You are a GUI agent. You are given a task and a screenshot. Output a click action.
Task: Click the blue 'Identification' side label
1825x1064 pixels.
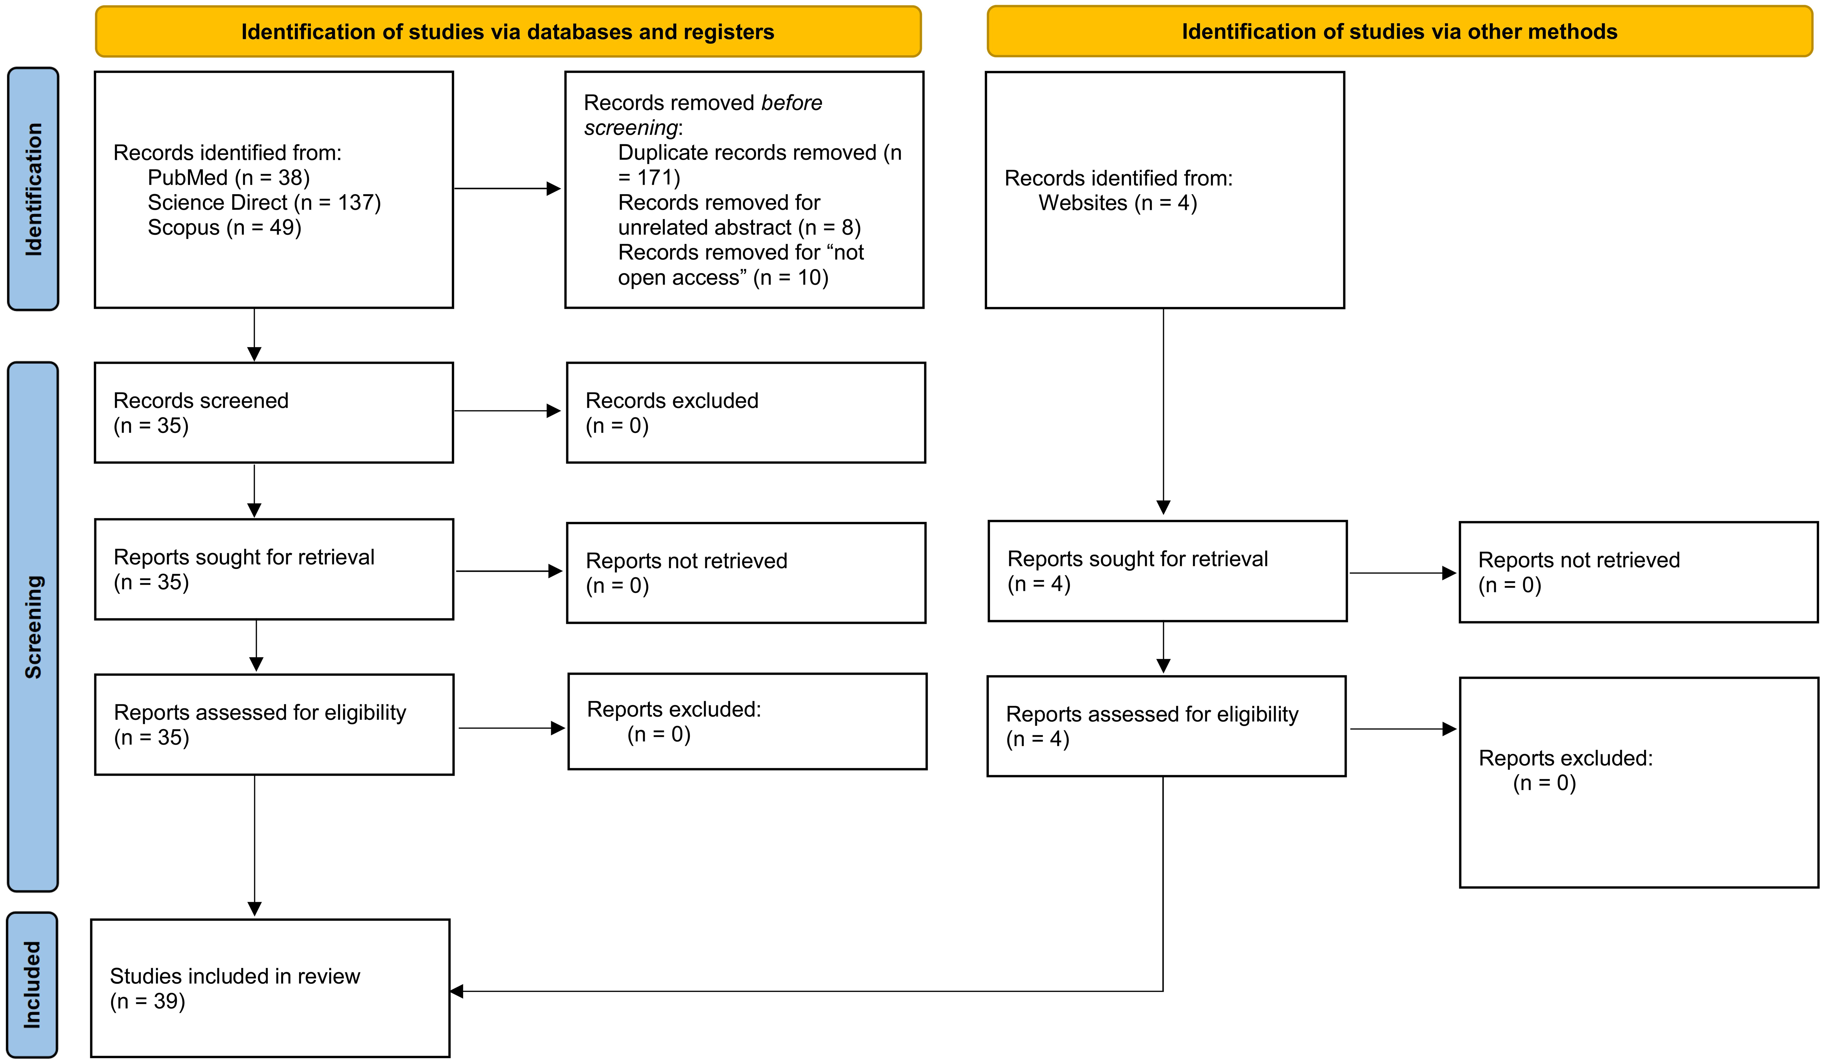[x=33, y=189]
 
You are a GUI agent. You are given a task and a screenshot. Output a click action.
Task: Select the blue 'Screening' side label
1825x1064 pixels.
[x=33, y=626]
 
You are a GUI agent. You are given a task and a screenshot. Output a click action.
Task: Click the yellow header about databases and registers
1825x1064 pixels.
[x=508, y=32]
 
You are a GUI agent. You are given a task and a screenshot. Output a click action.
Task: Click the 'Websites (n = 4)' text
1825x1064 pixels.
[x=1117, y=203]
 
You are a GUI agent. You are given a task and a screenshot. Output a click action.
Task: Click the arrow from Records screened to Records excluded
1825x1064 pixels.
[x=507, y=411]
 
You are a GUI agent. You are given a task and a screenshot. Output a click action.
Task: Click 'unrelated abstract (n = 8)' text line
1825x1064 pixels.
[x=739, y=227]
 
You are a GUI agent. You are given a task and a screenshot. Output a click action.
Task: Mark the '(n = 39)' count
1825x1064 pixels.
[x=148, y=1001]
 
